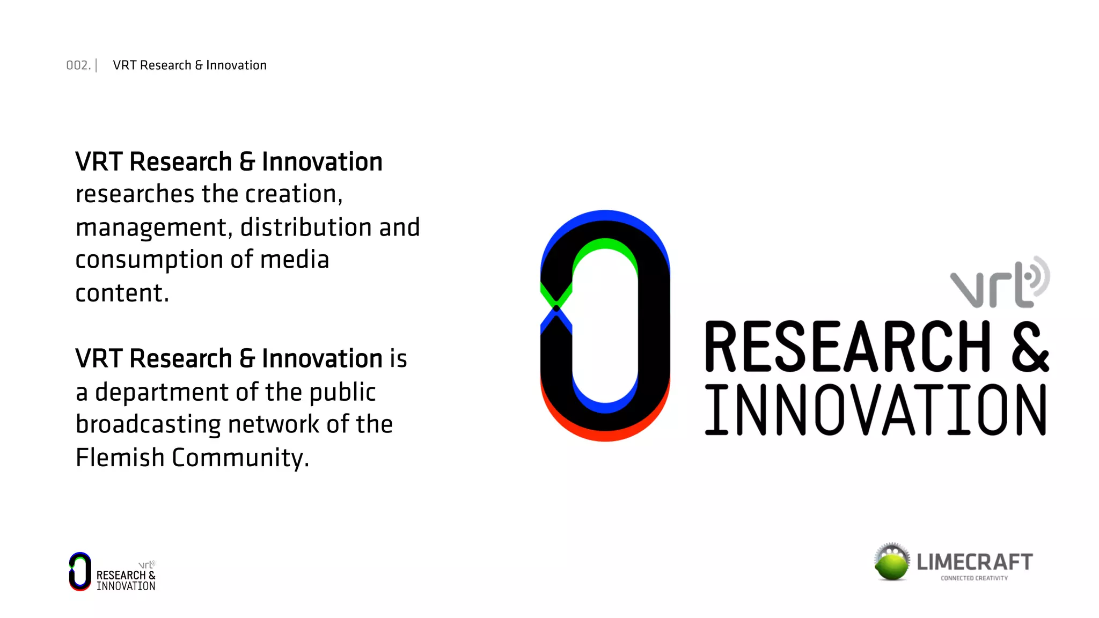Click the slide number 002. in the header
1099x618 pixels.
click(78, 65)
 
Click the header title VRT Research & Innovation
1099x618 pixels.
click(189, 65)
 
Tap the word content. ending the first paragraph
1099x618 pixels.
click(122, 293)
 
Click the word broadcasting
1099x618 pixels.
click(148, 425)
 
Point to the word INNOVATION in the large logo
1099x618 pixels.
click(875, 410)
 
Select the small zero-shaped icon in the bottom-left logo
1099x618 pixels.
click(80, 571)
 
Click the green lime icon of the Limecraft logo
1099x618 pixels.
click(892, 563)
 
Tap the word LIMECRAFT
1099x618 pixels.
click(975, 562)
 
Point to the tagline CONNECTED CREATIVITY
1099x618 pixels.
click(974, 578)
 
